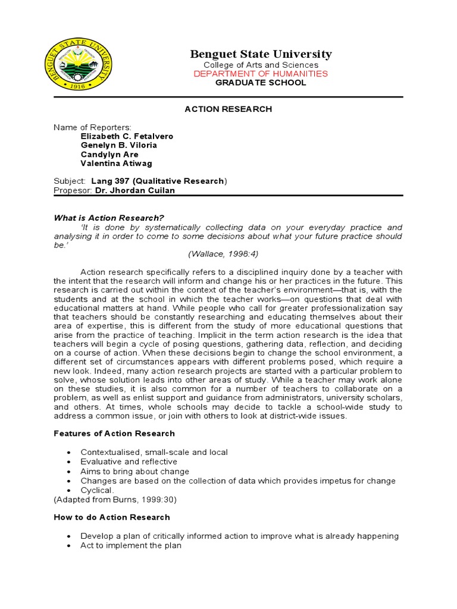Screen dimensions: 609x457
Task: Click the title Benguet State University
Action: [x=261, y=54]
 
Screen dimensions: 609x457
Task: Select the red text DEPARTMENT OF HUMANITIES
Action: [x=261, y=74]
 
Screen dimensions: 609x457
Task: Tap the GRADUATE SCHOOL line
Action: [x=261, y=83]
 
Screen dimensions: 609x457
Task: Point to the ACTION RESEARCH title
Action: [x=228, y=109]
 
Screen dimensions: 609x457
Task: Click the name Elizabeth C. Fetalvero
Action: [x=127, y=136]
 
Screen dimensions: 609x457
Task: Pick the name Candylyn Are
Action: [x=109, y=155]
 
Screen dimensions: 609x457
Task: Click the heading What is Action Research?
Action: [x=109, y=218]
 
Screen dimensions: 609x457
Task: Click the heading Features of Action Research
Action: [x=114, y=434]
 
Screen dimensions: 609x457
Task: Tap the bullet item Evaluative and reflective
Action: [x=129, y=462]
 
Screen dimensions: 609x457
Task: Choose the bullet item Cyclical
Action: [x=96, y=490]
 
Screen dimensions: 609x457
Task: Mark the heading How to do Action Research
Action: [x=112, y=517]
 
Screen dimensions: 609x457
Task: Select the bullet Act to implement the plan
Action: [x=131, y=545]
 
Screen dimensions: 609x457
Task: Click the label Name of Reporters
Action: [x=92, y=127]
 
